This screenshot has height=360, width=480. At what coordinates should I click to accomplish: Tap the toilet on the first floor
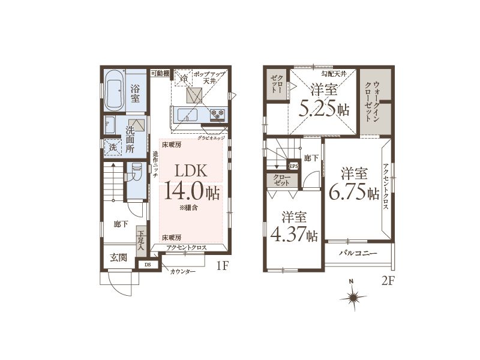click(136, 173)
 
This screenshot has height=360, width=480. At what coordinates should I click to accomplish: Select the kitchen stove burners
click(217, 115)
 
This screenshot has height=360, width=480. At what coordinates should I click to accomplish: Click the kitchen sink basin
click(187, 115)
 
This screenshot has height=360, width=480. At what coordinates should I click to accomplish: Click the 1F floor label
click(223, 266)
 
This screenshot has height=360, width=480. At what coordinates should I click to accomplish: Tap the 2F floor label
click(387, 281)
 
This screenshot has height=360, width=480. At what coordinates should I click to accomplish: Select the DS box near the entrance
click(148, 265)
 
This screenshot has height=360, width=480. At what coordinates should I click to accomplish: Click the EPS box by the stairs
click(293, 166)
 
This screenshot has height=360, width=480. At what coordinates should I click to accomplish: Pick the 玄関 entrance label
click(119, 258)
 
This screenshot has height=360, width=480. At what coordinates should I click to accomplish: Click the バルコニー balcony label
click(358, 253)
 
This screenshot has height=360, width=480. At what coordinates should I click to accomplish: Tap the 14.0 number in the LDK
click(184, 190)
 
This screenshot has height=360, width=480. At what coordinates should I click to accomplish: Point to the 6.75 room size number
click(348, 191)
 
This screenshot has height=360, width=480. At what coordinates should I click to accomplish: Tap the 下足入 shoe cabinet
click(140, 241)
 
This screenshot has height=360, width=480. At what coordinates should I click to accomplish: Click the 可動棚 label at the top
click(160, 73)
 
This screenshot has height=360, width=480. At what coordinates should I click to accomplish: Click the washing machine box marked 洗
click(113, 147)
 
